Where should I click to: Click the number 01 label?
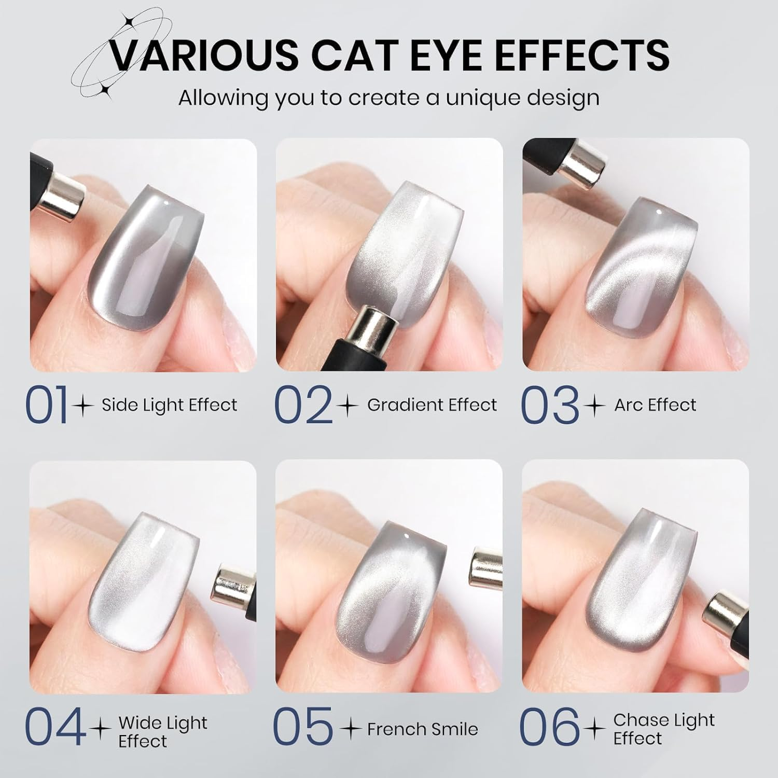coord(47,405)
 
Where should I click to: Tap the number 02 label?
coord(302,405)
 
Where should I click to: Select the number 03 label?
coord(549,405)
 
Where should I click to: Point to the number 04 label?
coord(55,729)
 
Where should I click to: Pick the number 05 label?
coord(302,729)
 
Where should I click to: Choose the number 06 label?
coord(549,729)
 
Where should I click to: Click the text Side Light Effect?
coord(169,405)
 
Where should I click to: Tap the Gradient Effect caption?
coord(432,405)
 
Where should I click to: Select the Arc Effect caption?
coord(655,405)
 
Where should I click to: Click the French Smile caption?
coord(422,729)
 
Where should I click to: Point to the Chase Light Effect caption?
coord(663,729)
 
